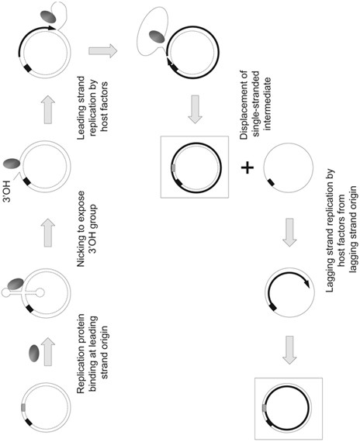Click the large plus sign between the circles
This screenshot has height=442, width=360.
point(247,168)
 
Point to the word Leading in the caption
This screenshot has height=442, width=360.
point(81,123)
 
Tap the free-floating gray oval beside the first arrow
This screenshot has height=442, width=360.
point(34,353)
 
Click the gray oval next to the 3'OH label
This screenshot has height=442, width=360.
point(12,164)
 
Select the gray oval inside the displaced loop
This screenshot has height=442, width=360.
point(157,37)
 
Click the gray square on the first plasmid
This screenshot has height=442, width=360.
point(23,407)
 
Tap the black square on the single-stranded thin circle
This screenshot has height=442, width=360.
point(271,182)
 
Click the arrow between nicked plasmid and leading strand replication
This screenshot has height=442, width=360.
point(48,109)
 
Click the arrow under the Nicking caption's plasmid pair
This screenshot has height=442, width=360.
point(48,233)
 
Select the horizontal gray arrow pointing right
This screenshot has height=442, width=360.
point(102,51)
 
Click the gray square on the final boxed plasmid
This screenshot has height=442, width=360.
point(265,408)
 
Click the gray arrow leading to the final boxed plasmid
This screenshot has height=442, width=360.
point(289,350)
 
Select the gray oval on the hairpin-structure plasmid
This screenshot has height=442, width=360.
point(16,284)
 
